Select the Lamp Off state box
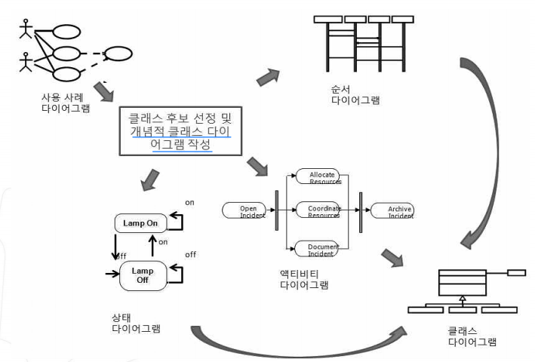[x=142, y=275]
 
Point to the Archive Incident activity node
[x=392, y=210]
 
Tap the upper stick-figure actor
[x=27, y=27]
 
